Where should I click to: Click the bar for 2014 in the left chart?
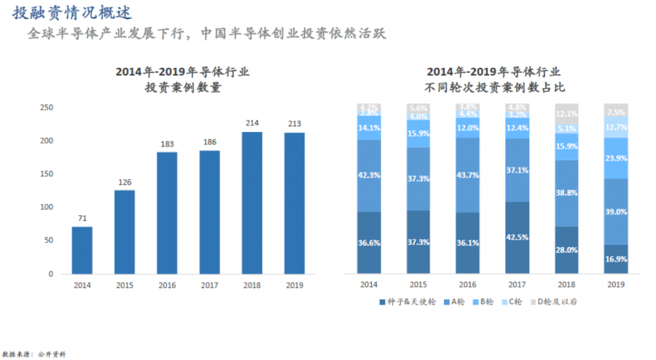coord(82,250)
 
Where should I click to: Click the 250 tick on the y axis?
coord(47,107)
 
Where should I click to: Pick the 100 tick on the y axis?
coord(47,207)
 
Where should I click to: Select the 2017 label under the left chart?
coord(210,286)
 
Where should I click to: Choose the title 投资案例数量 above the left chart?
coord(183,87)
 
